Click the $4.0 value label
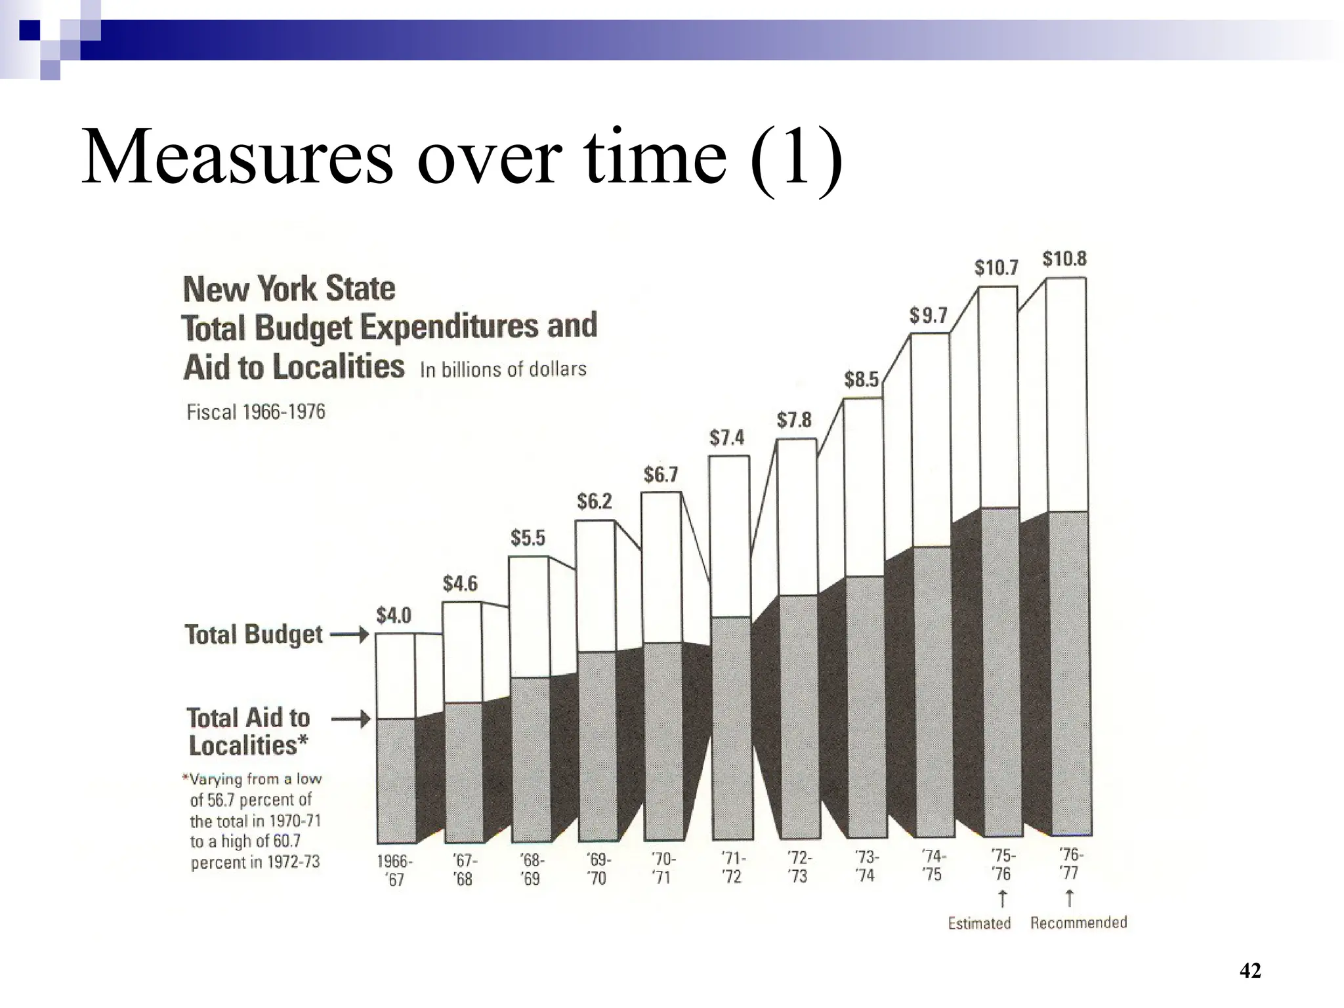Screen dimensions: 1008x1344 [x=393, y=616]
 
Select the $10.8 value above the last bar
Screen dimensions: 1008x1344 [x=1064, y=259]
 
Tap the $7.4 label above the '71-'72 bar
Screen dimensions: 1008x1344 [x=726, y=437]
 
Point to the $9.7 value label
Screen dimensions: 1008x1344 [x=929, y=316]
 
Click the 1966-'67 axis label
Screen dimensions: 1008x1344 [x=394, y=870]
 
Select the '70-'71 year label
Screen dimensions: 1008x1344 [x=663, y=868]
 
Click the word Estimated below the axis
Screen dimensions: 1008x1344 [x=979, y=923]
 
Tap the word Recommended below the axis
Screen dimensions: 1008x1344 [x=1078, y=923]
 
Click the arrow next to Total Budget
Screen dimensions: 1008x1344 [x=349, y=635]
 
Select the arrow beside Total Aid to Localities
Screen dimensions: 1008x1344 [x=350, y=721]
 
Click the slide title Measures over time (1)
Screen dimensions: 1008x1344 [x=461, y=158]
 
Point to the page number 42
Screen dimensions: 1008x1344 [x=1250, y=971]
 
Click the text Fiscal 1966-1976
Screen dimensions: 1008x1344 [x=256, y=412]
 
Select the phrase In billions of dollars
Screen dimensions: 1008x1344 [x=503, y=369]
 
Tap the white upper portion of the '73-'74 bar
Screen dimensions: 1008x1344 [x=863, y=486]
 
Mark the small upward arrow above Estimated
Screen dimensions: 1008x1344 [x=1002, y=897]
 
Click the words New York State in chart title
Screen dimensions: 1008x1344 [x=289, y=289]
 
